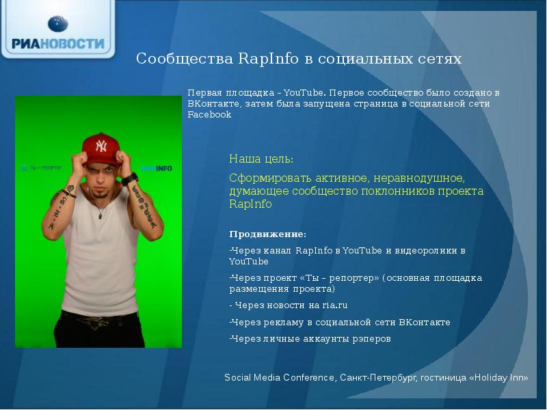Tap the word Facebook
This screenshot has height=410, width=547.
point(209,115)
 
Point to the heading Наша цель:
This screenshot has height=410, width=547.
point(261,159)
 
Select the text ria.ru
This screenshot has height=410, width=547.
point(334,305)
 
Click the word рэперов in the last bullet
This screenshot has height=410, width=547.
point(373,338)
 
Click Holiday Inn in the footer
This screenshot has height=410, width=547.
point(498,377)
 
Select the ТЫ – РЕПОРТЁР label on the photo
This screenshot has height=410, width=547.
point(42,167)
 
